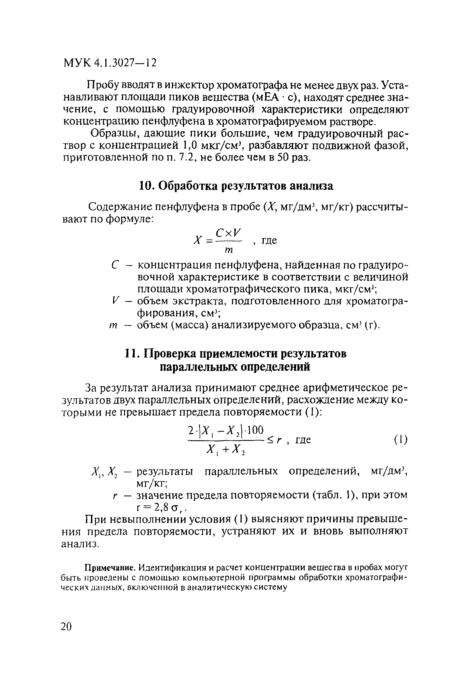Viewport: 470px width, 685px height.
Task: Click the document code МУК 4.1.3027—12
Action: (110, 63)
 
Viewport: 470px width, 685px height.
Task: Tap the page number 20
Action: (66, 627)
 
